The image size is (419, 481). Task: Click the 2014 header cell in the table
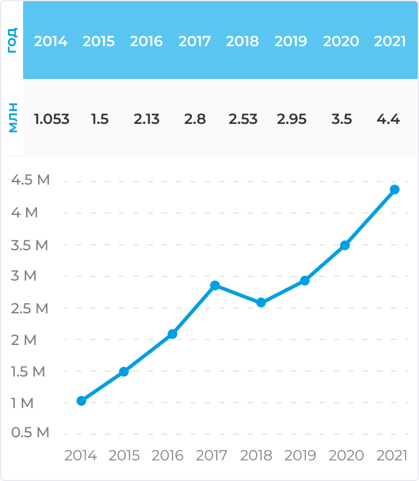pos(51,41)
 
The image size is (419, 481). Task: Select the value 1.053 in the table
pos(52,119)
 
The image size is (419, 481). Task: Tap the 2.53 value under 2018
pos(243,119)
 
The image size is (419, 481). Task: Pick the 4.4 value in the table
pos(388,119)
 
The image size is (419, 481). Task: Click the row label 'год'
pos(12,40)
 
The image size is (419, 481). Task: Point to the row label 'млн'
pos(12,118)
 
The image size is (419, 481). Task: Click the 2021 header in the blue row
pos(390,41)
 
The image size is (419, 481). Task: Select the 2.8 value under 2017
pos(195,119)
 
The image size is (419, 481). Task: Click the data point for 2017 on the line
pos(215,285)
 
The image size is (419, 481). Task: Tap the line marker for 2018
pos(261,302)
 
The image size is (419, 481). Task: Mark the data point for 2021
pos(395,189)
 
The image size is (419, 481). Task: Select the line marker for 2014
pos(81,401)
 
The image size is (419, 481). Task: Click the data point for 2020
pos(345,245)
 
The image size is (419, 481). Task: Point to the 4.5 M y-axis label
pos(30,180)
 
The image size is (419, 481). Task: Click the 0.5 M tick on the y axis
pos(30,433)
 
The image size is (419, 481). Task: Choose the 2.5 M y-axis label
pos(30,308)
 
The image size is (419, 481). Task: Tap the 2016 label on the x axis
pos(168,455)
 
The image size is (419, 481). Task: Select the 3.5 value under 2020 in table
pos(342,119)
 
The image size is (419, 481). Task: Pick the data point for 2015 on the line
pos(124,372)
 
